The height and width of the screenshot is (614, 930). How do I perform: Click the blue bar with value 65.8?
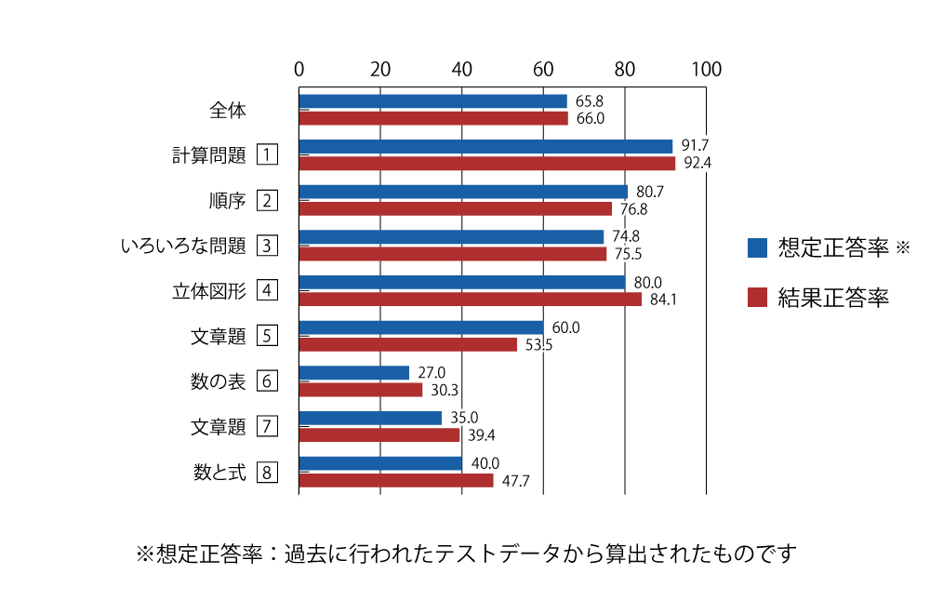point(432,101)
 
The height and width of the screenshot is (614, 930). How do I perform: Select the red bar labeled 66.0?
point(433,118)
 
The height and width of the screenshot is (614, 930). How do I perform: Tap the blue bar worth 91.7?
point(485,146)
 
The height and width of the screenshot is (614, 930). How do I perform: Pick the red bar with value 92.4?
point(487,164)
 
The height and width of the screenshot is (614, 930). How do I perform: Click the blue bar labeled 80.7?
point(463,192)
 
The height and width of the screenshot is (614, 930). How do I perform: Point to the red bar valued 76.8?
point(455,209)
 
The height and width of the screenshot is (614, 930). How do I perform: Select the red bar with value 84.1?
point(470,300)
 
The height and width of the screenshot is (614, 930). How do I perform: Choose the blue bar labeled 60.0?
point(421,327)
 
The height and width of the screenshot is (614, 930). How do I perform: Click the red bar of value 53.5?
point(407,345)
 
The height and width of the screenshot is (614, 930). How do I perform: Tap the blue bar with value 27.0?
point(353,373)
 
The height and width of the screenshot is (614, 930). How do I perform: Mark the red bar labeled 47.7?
point(396,481)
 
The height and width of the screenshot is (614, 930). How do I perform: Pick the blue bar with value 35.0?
point(370,418)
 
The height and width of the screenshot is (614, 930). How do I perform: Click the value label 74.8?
point(625,236)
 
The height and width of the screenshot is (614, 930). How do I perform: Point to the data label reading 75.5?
point(628,254)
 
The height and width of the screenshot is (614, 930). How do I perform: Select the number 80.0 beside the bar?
point(647,282)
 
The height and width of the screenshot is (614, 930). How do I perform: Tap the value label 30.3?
point(445,391)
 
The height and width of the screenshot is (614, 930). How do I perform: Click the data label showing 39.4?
point(482,435)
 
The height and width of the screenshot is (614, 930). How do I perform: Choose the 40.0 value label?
point(485,463)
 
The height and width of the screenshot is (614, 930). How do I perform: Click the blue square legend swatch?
point(757,247)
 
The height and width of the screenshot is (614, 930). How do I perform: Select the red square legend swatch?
point(757,297)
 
